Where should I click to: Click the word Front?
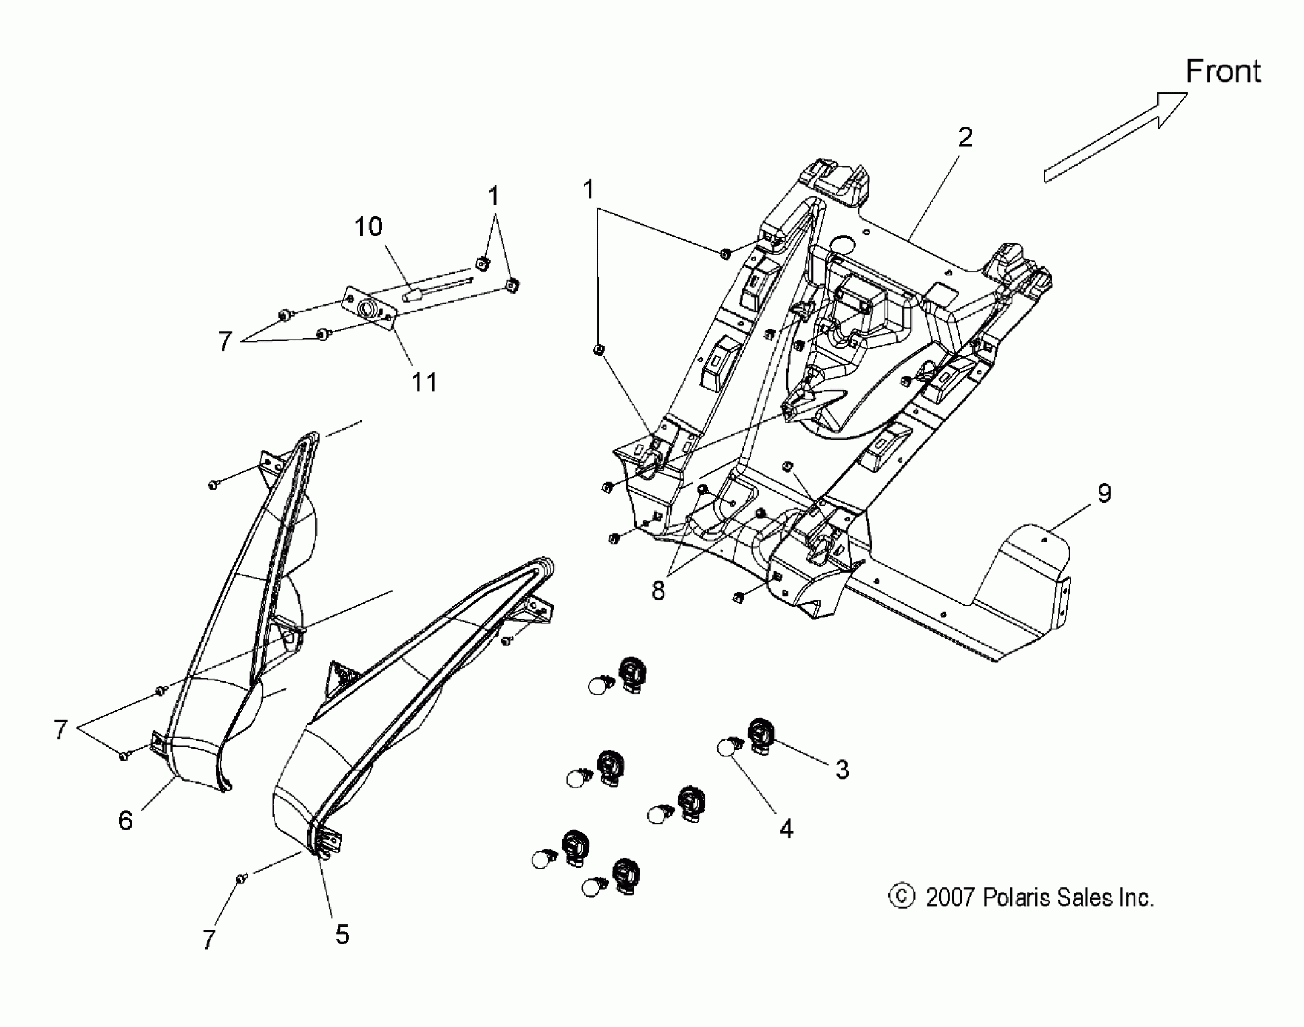coord(1222,71)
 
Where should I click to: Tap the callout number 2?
coord(965,137)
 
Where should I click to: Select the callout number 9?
coord(1103,494)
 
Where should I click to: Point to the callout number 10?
coord(368,227)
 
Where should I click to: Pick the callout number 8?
coord(658,591)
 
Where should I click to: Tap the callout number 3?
coord(842,770)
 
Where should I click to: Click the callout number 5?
coord(342,934)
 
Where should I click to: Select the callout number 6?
coord(125,820)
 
